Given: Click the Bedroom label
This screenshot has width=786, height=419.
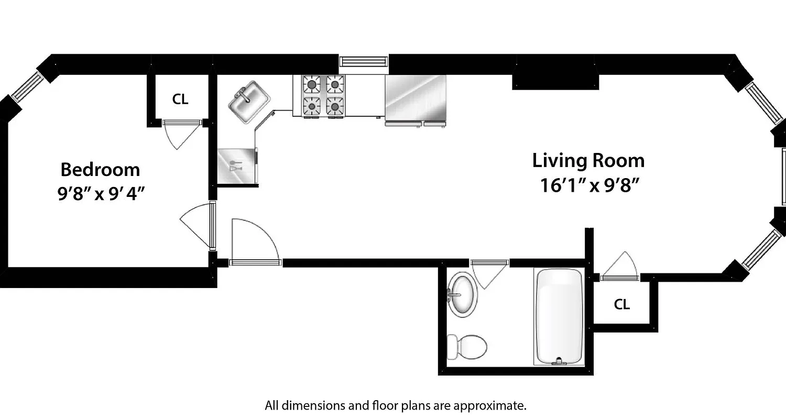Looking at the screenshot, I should tap(100, 170).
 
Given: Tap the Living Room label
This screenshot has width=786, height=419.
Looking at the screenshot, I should tap(588, 160).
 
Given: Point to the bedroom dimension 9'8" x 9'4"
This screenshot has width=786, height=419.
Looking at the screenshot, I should tap(101, 194).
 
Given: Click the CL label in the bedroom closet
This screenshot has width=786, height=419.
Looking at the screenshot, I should tap(180, 99).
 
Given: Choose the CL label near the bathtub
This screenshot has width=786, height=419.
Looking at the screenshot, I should tap(621, 304).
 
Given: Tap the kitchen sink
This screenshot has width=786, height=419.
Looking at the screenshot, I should tap(249, 101).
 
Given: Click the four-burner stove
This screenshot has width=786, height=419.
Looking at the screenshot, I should tap(323, 95).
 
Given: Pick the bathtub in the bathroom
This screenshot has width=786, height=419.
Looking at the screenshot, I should tap(559, 316).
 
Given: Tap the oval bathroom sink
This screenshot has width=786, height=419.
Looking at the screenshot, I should tap(463, 294).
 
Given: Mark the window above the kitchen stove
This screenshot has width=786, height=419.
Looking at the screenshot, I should tap(363, 62).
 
